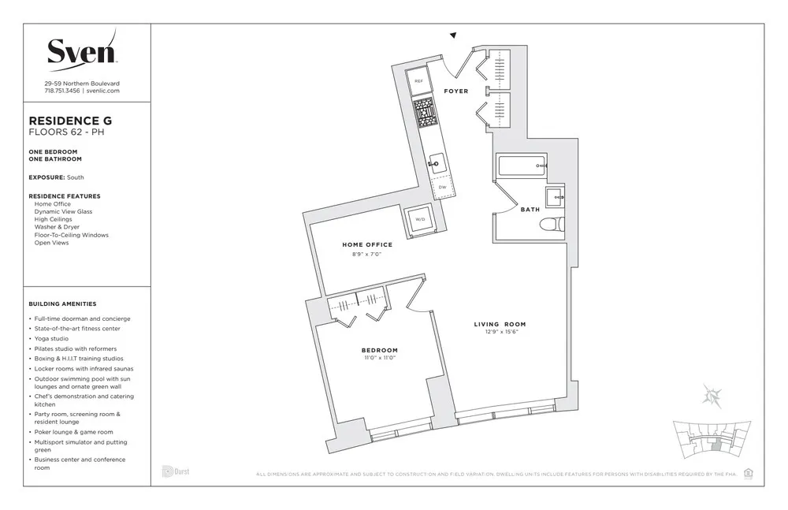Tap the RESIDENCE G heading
(70, 121)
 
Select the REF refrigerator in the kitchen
(418, 81)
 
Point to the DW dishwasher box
(442, 187)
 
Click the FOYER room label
(456, 91)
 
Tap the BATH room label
(530, 210)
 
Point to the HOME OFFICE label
(366, 244)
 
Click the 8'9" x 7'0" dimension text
(366, 254)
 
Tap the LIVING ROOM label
(500, 324)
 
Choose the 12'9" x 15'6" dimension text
(500, 333)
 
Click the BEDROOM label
(380, 350)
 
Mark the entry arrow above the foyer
(454, 35)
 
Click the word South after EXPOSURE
(76, 177)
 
